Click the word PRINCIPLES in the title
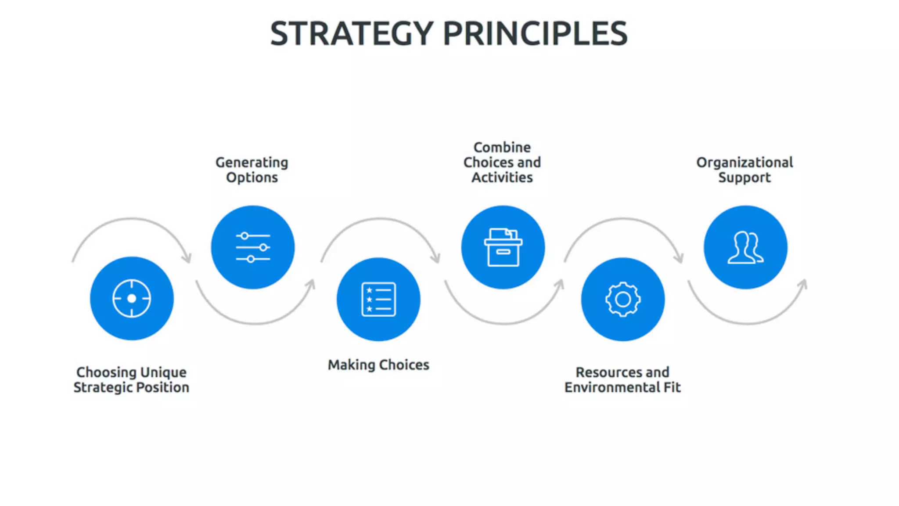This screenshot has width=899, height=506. click(x=536, y=34)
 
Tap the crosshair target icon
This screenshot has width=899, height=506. click(x=132, y=299)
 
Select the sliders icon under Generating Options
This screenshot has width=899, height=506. click(x=253, y=247)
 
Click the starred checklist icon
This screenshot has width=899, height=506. click(x=378, y=300)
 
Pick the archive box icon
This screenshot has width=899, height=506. click(x=503, y=247)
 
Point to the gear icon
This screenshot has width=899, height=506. click(x=623, y=300)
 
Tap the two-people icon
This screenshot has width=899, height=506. click(x=745, y=247)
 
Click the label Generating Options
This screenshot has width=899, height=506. click(x=252, y=170)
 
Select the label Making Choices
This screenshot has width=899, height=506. click(x=378, y=365)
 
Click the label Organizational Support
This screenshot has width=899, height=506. click(x=744, y=170)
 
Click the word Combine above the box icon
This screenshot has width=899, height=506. click(x=502, y=147)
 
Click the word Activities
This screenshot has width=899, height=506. click(x=502, y=177)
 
